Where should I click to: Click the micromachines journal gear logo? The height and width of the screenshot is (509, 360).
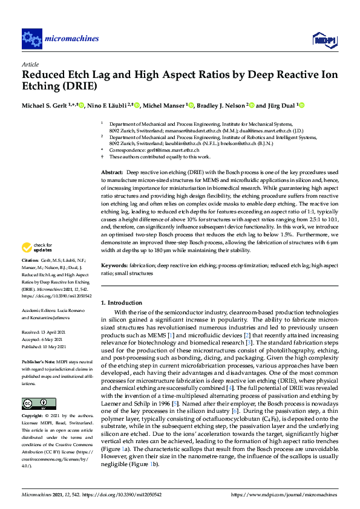[x=31, y=39]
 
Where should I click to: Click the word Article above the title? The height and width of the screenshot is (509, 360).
[x=30, y=63]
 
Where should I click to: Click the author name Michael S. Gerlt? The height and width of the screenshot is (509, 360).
[x=46, y=105]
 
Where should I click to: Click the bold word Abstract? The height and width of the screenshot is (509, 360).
[x=112, y=172]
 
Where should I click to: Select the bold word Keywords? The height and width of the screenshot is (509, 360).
[x=114, y=265]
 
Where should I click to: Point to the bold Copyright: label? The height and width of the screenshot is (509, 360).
[x=33, y=417]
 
